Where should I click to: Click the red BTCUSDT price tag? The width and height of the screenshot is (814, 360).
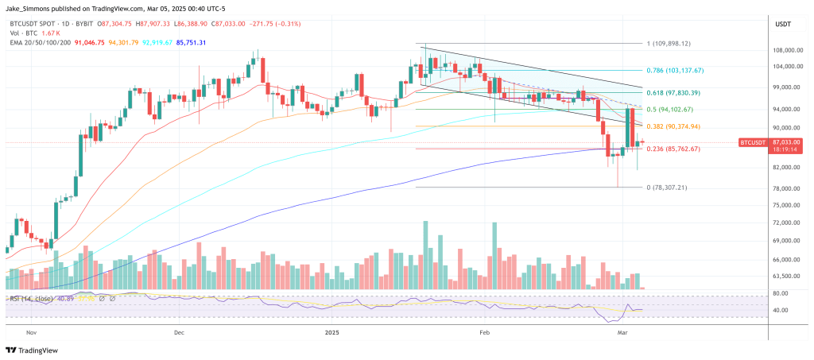pyautogui.click(x=753, y=142)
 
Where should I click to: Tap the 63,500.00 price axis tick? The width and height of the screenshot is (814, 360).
pyautogui.click(x=785, y=277)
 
